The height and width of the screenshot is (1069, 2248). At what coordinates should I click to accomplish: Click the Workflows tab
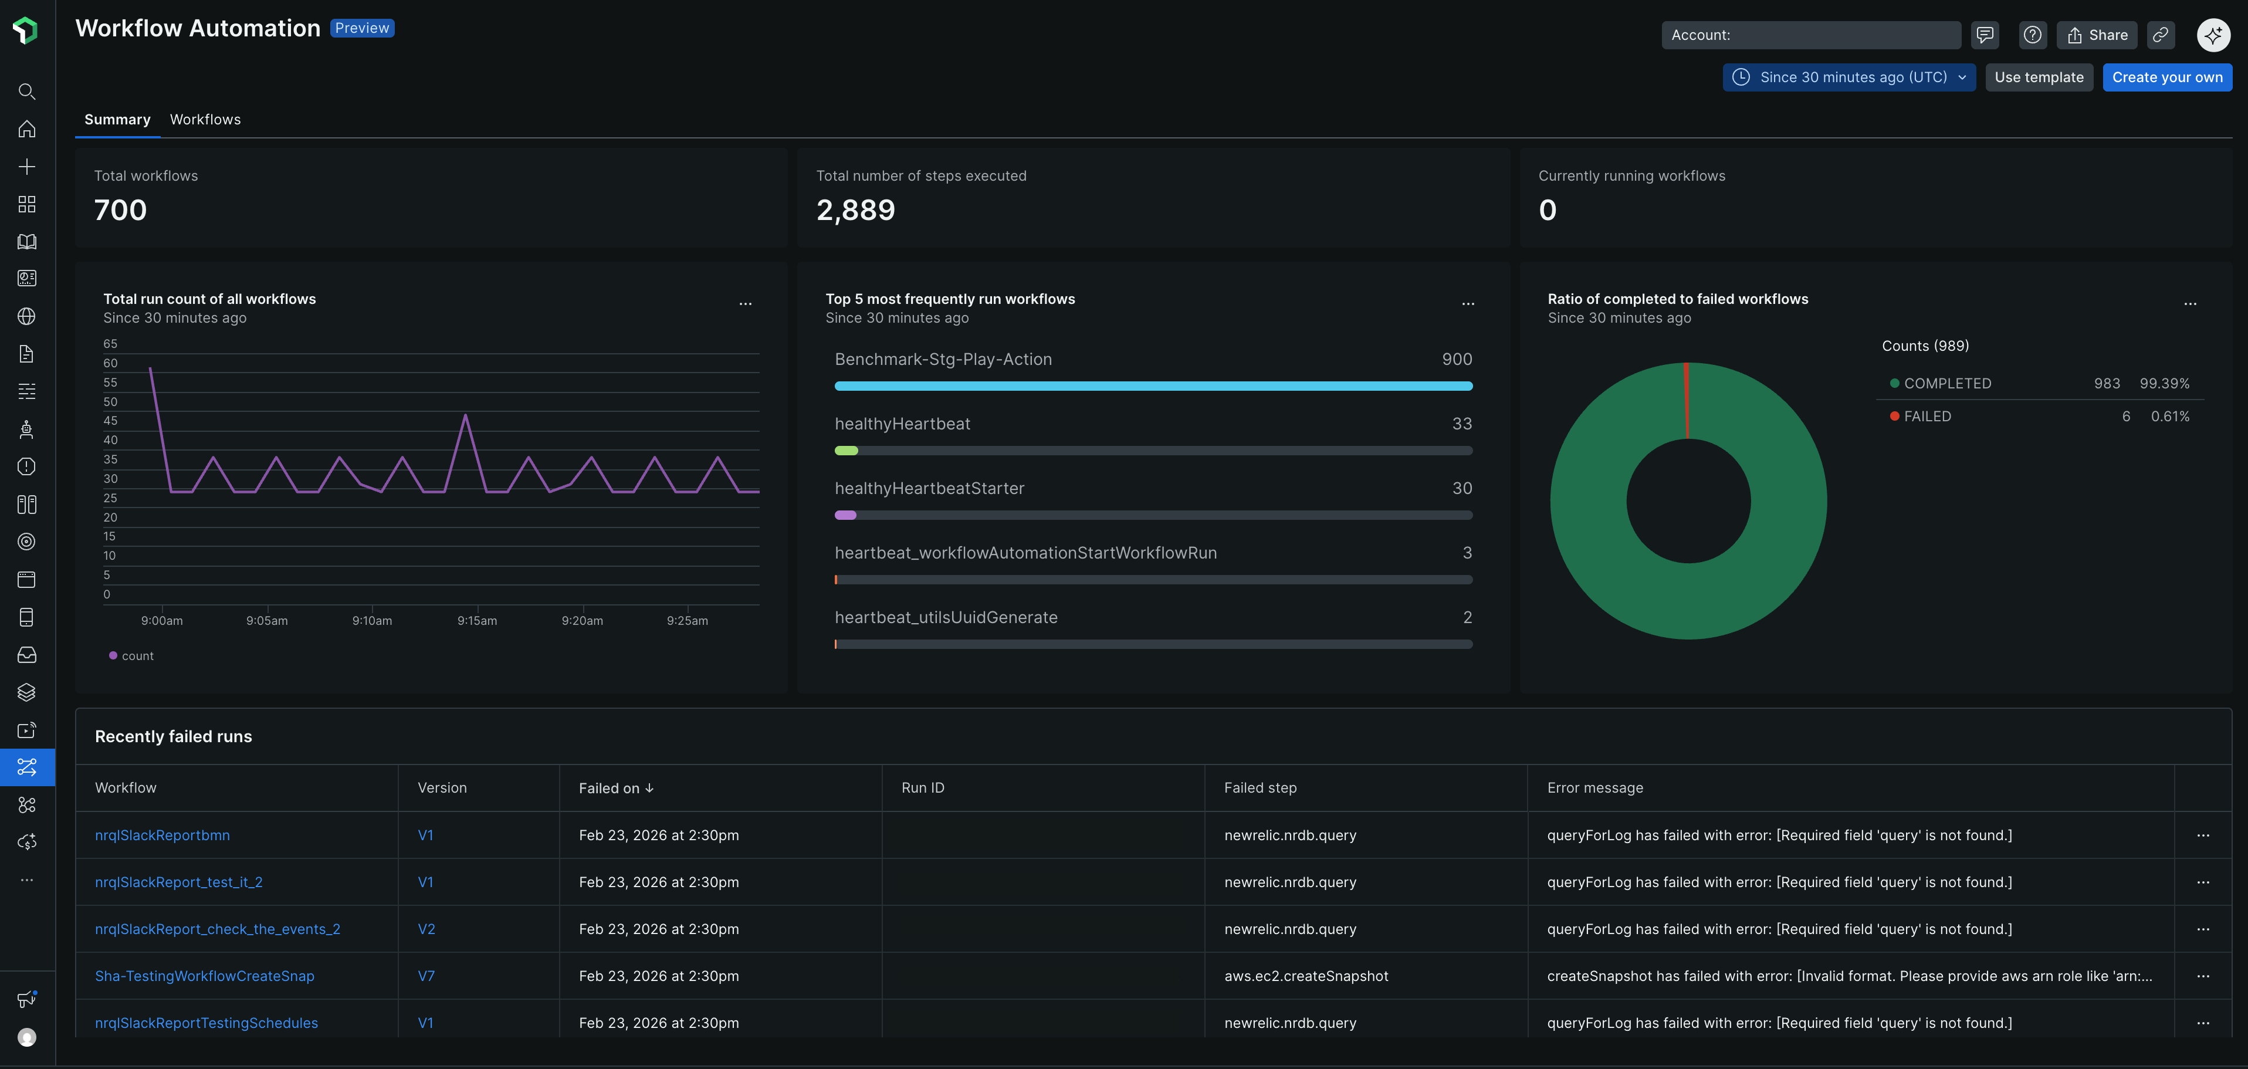tap(205, 120)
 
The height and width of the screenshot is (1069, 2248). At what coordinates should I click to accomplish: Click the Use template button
tap(2039, 77)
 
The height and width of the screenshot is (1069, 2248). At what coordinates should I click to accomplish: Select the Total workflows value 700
tap(120, 210)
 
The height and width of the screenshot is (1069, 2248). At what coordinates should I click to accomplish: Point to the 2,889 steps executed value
tap(855, 210)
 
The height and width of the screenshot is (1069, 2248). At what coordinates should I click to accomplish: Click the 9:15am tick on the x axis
tap(476, 621)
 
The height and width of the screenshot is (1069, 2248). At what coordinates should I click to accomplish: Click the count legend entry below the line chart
tap(132, 656)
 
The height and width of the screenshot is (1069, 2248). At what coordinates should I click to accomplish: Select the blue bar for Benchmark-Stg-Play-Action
tap(1153, 385)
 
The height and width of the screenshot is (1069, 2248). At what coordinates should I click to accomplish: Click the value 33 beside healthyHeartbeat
tap(1462, 424)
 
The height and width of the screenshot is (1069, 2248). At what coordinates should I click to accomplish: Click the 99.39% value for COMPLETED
tap(2164, 383)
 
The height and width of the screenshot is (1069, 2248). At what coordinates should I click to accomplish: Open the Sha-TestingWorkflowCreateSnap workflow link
tap(204, 976)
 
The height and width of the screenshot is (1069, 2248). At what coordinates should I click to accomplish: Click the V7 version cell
tap(426, 976)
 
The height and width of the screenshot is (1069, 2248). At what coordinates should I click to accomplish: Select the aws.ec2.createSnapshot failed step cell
tap(1305, 976)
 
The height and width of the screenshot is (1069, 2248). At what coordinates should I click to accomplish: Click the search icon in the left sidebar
tap(27, 92)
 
